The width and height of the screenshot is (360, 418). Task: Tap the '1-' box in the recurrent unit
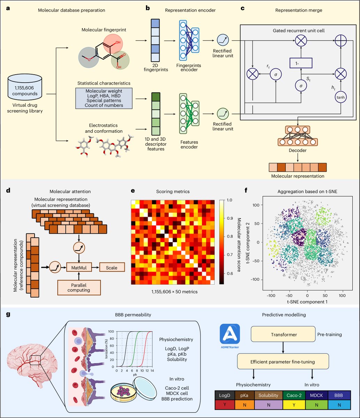300,63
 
